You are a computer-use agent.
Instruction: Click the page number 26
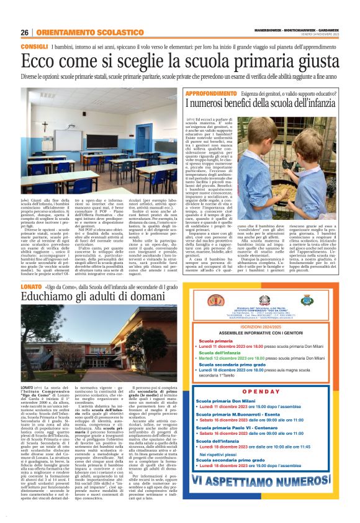(x=24, y=32)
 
